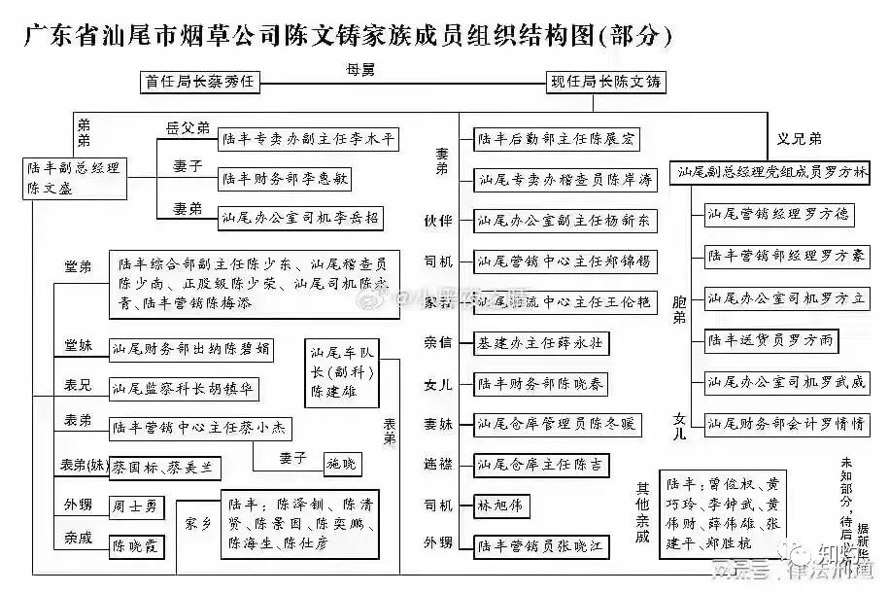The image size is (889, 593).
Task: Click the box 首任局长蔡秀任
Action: point(200,83)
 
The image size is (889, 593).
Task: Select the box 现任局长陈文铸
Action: point(605,83)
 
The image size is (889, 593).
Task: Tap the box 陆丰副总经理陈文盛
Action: point(77,178)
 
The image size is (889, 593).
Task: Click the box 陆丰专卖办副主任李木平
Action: point(308,140)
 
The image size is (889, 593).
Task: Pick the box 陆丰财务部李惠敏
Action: point(285,179)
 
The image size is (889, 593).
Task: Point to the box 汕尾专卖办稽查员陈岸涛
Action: point(564,180)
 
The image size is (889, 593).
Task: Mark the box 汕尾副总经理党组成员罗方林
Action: point(772,172)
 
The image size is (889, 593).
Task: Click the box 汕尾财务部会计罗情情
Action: point(786,425)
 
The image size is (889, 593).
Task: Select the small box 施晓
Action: point(343,464)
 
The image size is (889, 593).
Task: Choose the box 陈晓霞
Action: point(136,546)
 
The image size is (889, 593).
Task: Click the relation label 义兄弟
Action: point(799,138)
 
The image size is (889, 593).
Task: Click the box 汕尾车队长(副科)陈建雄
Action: point(343,371)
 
